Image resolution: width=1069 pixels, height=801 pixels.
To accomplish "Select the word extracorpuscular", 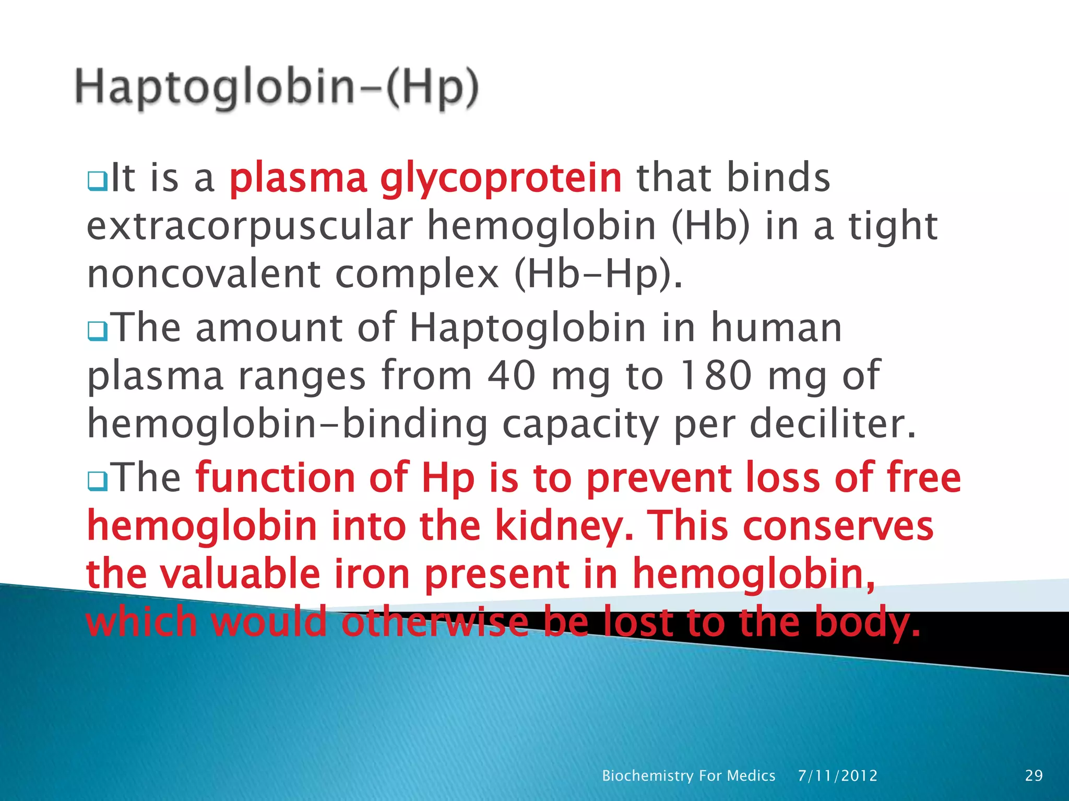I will (x=250, y=227).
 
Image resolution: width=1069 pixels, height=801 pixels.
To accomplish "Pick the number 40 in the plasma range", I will (x=511, y=375).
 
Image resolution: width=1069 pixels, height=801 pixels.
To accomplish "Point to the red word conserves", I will (x=838, y=526).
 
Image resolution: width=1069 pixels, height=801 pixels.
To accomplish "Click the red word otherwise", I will (x=435, y=622).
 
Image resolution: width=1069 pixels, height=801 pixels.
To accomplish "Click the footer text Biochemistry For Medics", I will (x=688, y=775).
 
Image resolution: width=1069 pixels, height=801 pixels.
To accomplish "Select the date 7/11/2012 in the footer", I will (x=837, y=775).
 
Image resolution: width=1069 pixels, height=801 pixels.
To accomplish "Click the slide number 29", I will (x=1034, y=775).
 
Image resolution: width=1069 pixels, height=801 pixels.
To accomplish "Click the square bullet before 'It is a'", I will (x=97, y=181).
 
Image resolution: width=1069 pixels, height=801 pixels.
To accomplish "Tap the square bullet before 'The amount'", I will (x=97, y=331).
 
